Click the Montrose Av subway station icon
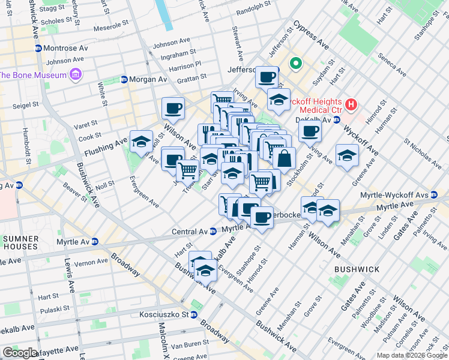pyautogui.click(x=38, y=48)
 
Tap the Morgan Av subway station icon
pyautogui.click(x=124, y=79)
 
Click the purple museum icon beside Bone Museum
pyautogui.click(x=76, y=74)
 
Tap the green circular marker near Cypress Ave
pyautogui.click(x=295, y=62)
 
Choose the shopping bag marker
pyautogui.click(x=285, y=159)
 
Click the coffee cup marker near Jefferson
pyautogui.click(x=267, y=77)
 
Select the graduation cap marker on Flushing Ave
pyautogui.click(x=141, y=142)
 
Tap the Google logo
pyautogui.click(x=20, y=353)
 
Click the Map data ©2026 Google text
pyautogui.click(x=412, y=355)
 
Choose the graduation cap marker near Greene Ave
pyautogui.click(x=347, y=156)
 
